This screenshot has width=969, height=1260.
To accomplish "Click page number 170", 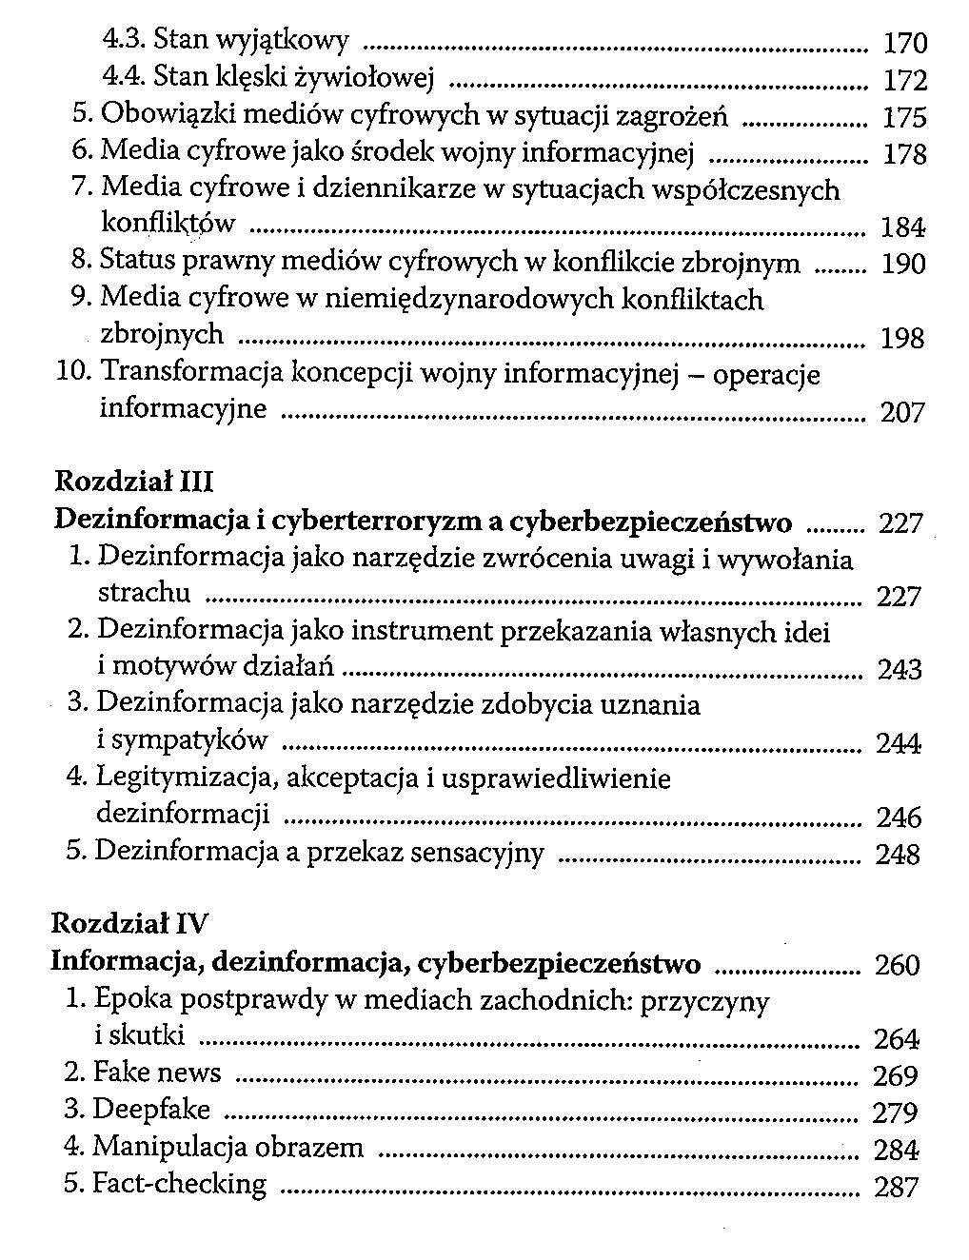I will click(x=904, y=43).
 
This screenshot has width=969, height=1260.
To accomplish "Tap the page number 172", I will click(x=904, y=80).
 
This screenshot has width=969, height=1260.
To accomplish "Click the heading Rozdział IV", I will click(x=129, y=923).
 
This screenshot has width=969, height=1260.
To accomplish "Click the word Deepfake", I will click(x=152, y=1110).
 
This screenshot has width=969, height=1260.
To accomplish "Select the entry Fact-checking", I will click(x=180, y=1185).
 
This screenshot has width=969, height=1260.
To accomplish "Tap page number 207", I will click(x=901, y=412).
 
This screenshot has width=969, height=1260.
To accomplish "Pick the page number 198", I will click(x=901, y=338).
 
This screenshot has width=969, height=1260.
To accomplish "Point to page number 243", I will click(x=900, y=670).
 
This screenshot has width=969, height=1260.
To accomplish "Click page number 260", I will click(x=897, y=965).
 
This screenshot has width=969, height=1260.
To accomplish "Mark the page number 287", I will click(x=896, y=1187).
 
